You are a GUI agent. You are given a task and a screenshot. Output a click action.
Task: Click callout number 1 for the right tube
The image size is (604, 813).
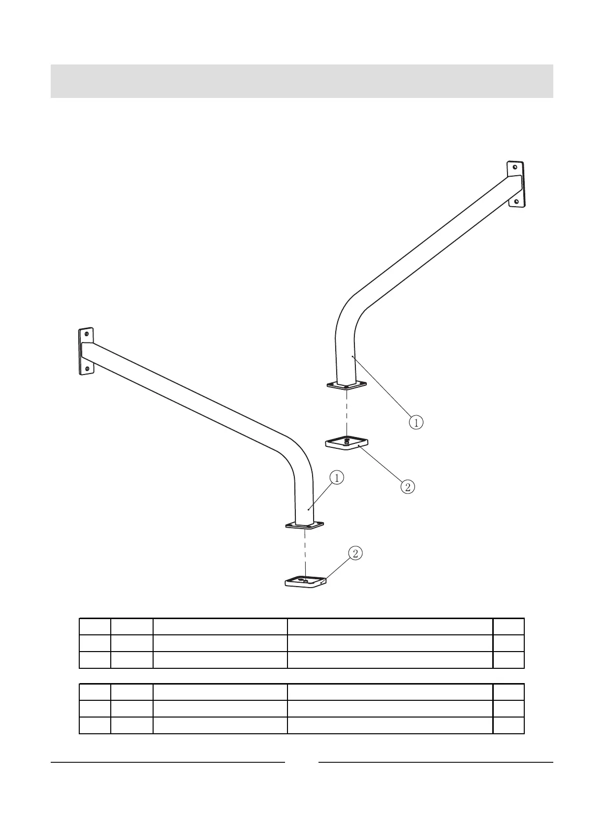[x=416, y=422]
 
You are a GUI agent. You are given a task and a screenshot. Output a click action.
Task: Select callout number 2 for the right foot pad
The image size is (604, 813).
[x=408, y=487]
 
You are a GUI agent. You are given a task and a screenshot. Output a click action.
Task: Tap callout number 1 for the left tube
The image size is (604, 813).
[x=337, y=477]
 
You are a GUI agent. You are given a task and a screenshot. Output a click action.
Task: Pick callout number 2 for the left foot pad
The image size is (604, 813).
[x=355, y=553]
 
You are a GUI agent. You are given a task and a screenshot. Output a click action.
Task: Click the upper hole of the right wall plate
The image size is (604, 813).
[x=515, y=167]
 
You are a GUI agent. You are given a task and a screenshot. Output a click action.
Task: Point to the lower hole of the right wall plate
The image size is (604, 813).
[x=516, y=202]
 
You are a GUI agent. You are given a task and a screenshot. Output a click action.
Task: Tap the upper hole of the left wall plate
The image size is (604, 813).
[x=87, y=334]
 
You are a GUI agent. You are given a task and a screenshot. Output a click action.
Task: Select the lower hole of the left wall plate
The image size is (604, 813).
[x=87, y=369]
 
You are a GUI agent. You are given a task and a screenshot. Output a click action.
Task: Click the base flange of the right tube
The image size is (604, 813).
[x=347, y=385]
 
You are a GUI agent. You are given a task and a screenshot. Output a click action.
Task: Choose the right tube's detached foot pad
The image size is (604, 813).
[x=347, y=443]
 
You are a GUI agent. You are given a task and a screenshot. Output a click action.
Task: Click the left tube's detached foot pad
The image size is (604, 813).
[x=306, y=581]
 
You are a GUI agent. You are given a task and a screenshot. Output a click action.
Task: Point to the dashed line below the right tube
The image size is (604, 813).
[x=346, y=413]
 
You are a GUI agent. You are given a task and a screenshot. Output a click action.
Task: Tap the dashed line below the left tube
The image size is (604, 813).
[x=305, y=553]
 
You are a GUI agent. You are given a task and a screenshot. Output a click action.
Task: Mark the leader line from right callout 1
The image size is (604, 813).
[x=382, y=387]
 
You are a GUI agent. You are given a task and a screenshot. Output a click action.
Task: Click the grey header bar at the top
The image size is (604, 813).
[x=302, y=81]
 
